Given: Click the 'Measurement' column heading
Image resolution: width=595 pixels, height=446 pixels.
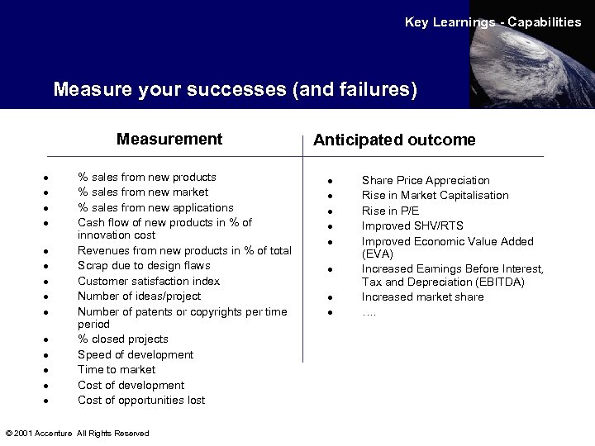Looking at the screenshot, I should pos(169,139).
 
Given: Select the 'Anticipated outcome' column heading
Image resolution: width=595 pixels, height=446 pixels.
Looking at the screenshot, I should pos(393,140).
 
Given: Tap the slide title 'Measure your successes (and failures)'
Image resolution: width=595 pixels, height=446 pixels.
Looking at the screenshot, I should pos(235,88).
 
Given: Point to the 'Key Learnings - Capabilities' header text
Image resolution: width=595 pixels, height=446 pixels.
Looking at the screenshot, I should pos(493,22).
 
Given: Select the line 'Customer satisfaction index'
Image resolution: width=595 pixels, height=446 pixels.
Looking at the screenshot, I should pos(149,281).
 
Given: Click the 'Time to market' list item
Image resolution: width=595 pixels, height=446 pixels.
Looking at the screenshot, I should pos(117,369).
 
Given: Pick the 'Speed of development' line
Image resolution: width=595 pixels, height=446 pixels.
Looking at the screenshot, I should pos(136,354).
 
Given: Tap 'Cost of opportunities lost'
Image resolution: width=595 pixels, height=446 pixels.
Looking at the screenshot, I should pos(141,400).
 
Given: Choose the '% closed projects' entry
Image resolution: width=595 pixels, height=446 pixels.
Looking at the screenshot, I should pos(123,339).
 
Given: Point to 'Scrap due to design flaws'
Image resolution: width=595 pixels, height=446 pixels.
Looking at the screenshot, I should pos(144,265).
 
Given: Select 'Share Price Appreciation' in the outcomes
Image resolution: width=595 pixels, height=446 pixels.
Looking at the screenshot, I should pos(426,180).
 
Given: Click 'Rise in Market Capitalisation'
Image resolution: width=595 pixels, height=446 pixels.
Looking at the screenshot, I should pos(436,195).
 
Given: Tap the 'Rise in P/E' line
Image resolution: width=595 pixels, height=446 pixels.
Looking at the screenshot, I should pos(390,211).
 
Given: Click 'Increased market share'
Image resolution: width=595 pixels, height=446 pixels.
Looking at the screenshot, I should pos(423,297).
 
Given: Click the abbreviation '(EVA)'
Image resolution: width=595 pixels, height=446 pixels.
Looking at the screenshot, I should pos(378,254).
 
